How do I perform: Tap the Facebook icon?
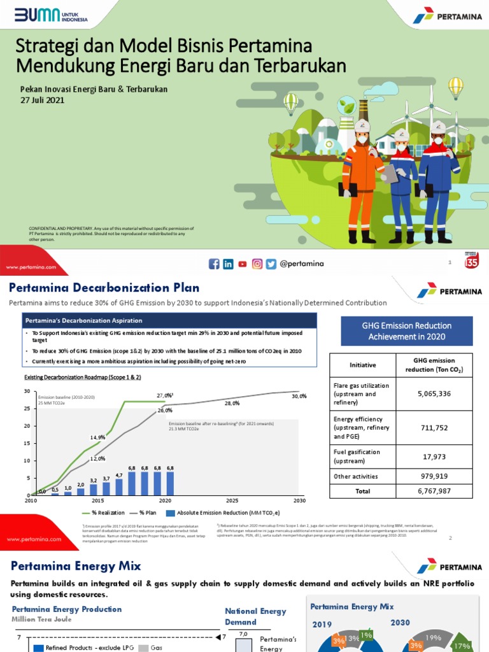pyautogui.click(x=214, y=264)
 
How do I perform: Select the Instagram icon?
pyautogui.click(x=257, y=264)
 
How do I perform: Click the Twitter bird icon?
pyautogui.click(x=271, y=264)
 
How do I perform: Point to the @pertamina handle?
pyautogui.click(x=302, y=264)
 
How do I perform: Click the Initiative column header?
pyautogui.click(x=362, y=365)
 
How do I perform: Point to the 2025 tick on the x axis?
pyautogui.click(x=232, y=501)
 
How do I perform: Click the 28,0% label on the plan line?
pyautogui.click(x=232, y=404)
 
